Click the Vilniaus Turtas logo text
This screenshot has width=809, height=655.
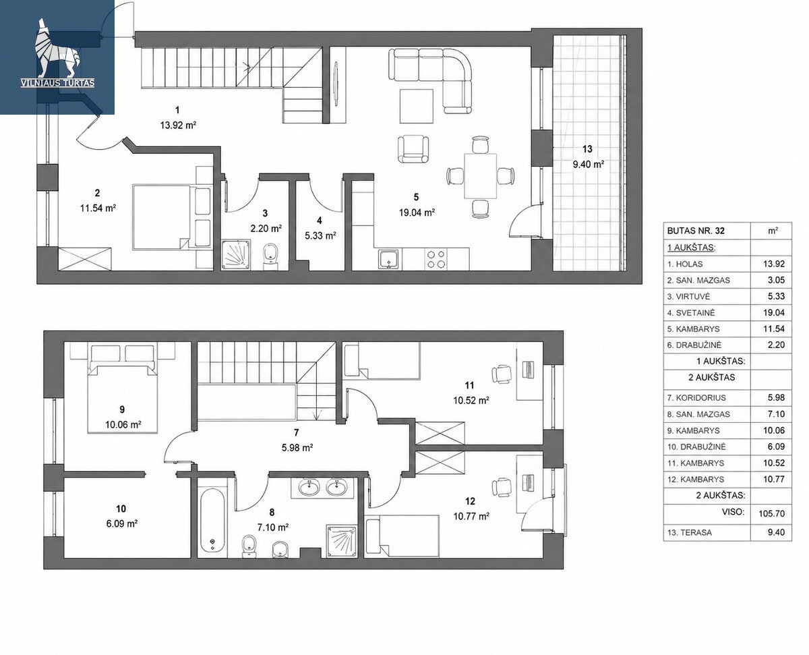click(57, 83)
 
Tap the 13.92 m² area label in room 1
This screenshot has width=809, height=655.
click(178, 125)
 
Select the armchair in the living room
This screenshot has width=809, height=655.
click(413, 149)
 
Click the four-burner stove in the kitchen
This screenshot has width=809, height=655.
click(436, 259)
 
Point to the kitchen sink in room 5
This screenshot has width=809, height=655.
click(388, 260)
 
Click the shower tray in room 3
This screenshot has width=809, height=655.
click(236, 254)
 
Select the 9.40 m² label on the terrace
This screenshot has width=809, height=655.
click(589, 164)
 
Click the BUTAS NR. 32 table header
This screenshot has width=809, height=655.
click(696, 231)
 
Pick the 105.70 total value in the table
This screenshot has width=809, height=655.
click(771, 513)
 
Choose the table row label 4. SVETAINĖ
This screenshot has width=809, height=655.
click(691, 313)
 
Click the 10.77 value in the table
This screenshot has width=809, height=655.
click(774, 479)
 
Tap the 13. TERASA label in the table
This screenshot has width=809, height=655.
click(690, 532)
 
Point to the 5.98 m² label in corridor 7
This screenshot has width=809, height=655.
click(297, 447)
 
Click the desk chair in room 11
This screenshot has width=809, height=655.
click(502, 374)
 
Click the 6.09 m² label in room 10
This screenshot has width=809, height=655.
click(122, 523)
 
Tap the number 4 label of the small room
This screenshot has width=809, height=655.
click(320, 221)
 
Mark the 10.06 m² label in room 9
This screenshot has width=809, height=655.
click(123, 424)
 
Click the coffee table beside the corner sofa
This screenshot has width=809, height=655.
click(417, 106)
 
